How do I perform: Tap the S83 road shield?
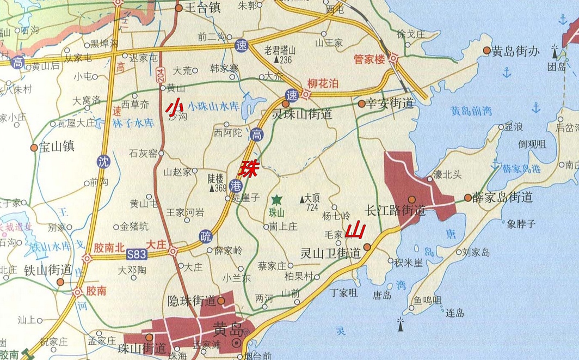tap(137, 254)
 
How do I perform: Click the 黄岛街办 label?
tap(515, 51)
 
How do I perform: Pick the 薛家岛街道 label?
tap(502, 197)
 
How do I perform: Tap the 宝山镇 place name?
tap(56, 147)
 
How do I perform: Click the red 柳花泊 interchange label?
tap(323, 83)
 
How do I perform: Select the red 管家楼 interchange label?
tap(369, 58)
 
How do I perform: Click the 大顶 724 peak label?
tap(312, 203)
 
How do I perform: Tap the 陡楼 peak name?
tap(216, 178)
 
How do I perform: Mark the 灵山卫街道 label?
tap(331, 253)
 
